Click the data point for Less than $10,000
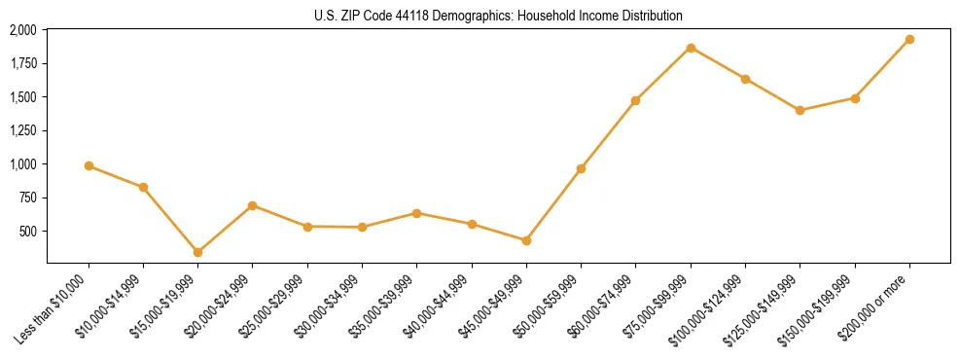pyautogui.click(x=89, y=166)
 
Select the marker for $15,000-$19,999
pyautogui.click(x=197, y=252)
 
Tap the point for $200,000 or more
pyautogui.click(x=909, y=40)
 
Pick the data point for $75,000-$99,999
pyautogui.click(x=691, y=48)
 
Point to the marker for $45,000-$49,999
pyautogui.click(x=526, y=240)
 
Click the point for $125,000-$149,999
pyautogui.click(x=800, y=110)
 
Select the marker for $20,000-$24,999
pyautogui.click(x=252, y=205)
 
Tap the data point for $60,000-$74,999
pyautogui.click(x=635, y=100)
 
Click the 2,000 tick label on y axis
pyautogui.click(x=23, y=31)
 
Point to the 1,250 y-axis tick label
pyautogui.click(x=23, y=130)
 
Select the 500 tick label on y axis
pyautogui.click(x=28, y=232)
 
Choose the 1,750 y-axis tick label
pyautogui.click(x=23, y=64)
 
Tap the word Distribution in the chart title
pyautogui.click(x=653, y=17)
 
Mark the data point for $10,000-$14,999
pyautogui.click(x=143, y=187)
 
